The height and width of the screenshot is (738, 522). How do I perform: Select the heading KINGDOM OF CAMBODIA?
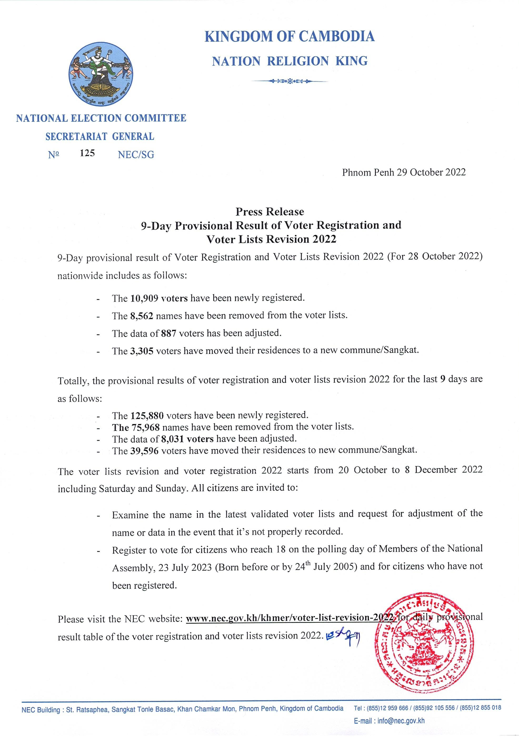[290, 36]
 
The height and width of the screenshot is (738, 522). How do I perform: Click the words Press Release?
[270, 212]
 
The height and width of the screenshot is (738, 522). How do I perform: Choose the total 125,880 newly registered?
[147, 416]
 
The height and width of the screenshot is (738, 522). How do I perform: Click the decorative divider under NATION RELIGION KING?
[290, 81]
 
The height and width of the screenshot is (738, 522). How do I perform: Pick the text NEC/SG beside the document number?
[136, 155]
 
